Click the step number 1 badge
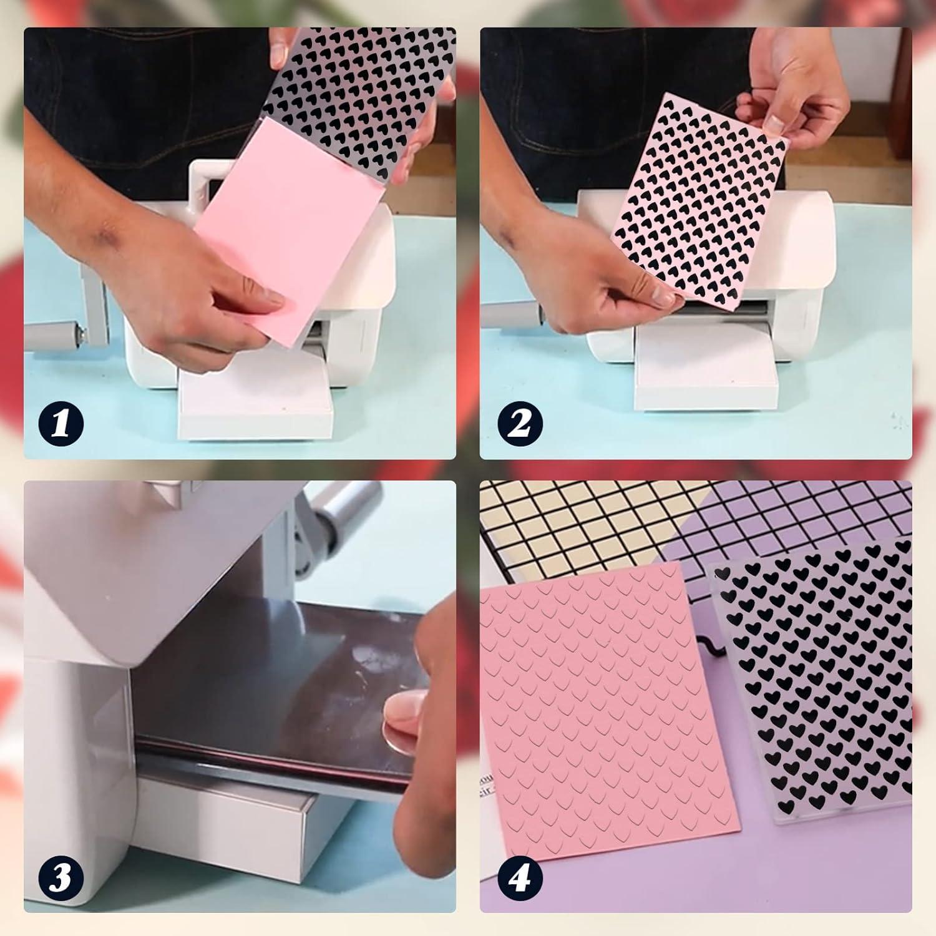click(x=59, y=424)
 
